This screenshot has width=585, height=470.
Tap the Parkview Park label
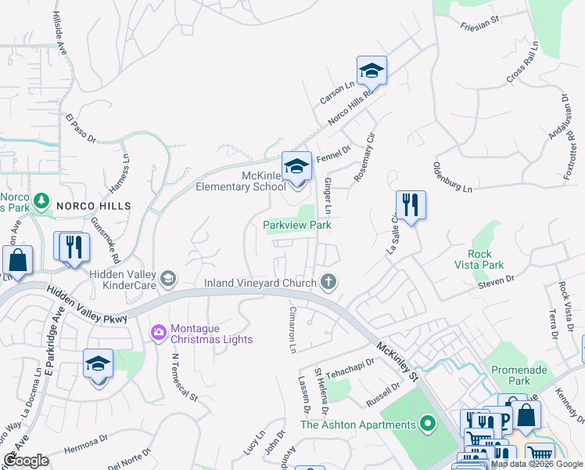[x=296, y=225]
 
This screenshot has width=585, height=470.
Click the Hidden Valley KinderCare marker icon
[x=167, y=278]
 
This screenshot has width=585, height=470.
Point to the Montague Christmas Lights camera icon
[x=159, y=333]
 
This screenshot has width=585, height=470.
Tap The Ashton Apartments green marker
[x=427, y=425]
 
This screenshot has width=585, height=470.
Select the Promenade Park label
[x=511, y=375]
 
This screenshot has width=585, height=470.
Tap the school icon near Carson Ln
[x=372, y=70]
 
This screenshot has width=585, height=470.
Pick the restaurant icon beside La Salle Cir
[x=411, y=205]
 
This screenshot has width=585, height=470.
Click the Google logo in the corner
[x=27, y=461]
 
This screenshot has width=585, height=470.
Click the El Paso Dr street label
[x=80, y=128]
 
